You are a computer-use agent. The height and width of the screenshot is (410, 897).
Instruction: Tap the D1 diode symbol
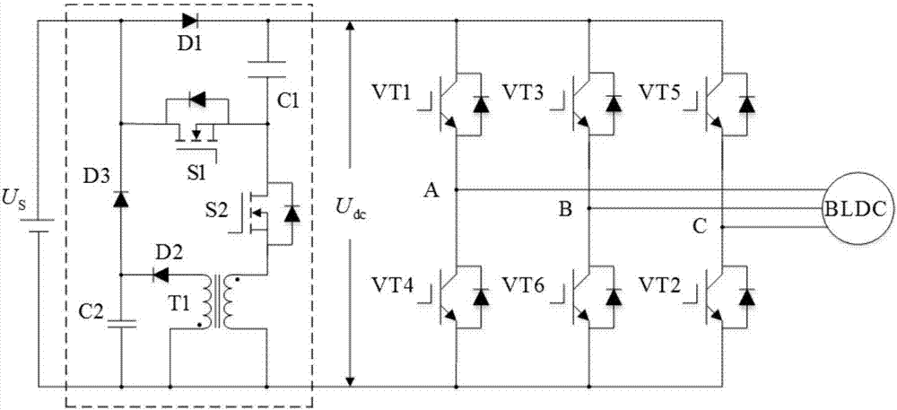[188, 21]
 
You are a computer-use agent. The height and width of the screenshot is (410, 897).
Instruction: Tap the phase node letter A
[432, 191]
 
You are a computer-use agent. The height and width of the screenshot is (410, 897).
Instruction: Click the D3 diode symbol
[120, 198]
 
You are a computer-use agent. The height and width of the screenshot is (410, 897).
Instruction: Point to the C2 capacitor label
[92, 311]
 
